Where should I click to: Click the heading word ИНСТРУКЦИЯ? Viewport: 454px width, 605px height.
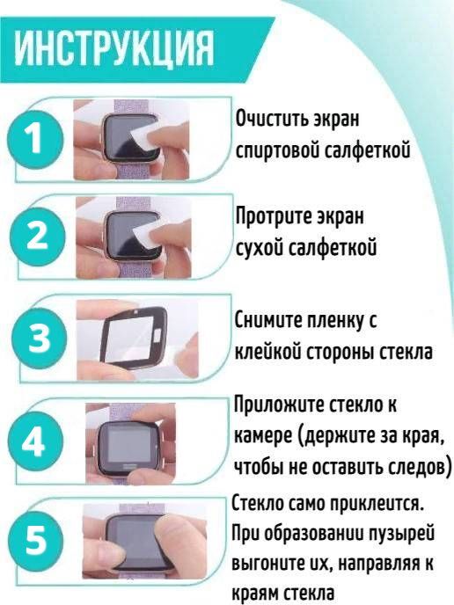coord(114,49)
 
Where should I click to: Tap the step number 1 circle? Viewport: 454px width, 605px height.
coord(35,140)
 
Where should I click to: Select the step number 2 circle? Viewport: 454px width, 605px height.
coord(37,236)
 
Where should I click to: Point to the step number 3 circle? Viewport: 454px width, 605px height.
coord(40,337)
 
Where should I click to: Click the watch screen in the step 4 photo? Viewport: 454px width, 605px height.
coord(129,447)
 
